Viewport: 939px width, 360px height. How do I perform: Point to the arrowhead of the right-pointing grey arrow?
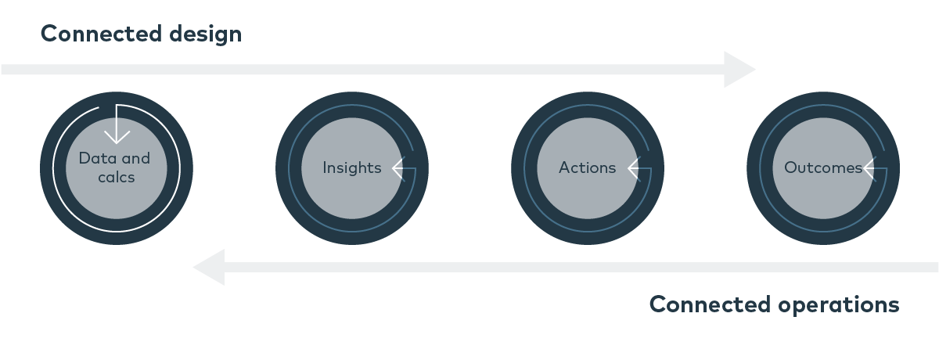point(740,70)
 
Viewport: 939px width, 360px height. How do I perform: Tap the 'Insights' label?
point(352,167)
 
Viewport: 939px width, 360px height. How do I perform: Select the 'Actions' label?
point(587,167)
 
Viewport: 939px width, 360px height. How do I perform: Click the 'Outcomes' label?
point(822,167)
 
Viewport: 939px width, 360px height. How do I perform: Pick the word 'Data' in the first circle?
point(93,158)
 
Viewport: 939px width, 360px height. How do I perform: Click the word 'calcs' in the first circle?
point(117,178)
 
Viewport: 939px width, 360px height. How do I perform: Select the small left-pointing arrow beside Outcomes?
point(871,167)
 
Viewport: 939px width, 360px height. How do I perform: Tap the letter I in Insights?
point(325,167)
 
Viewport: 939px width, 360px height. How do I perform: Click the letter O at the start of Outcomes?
point(790,167)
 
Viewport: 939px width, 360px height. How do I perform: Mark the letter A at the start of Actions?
point(563,167)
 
